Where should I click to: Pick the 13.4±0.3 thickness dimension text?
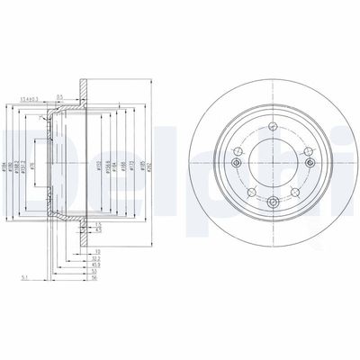[32, 98]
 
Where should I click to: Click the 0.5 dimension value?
[59, 97]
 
